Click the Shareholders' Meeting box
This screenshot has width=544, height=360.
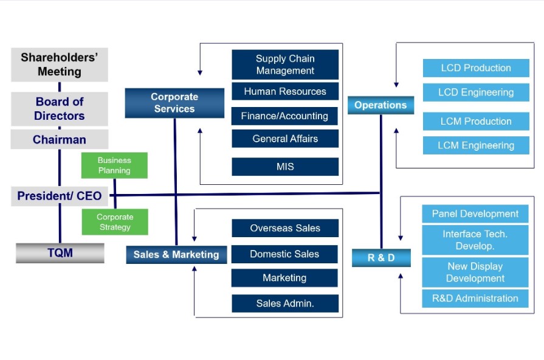point(60,64)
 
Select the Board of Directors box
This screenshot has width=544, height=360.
point(60,109)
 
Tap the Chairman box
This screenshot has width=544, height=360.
point(60,139)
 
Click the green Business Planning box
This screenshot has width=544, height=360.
point(114,165)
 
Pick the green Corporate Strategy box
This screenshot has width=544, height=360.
point(114,222)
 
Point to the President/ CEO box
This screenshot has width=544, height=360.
point(60,196)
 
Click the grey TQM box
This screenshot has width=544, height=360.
point(60,252)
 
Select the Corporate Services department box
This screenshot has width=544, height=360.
point(174,103)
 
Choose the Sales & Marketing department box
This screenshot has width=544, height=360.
point(176,254)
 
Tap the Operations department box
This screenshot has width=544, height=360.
point(380,105)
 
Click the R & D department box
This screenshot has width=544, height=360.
point(381,257)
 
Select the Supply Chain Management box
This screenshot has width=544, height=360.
point(285,64)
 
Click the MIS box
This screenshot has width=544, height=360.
point(285,166)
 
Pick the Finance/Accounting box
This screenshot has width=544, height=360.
point(285,116)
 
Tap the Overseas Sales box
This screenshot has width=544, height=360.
point(285,228)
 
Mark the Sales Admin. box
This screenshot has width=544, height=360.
point(285,303)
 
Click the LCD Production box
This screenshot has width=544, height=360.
point(476,67)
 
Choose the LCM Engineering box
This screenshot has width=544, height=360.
point(476,145)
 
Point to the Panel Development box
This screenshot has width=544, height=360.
point(475,213)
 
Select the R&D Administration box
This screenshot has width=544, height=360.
point(475,298)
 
